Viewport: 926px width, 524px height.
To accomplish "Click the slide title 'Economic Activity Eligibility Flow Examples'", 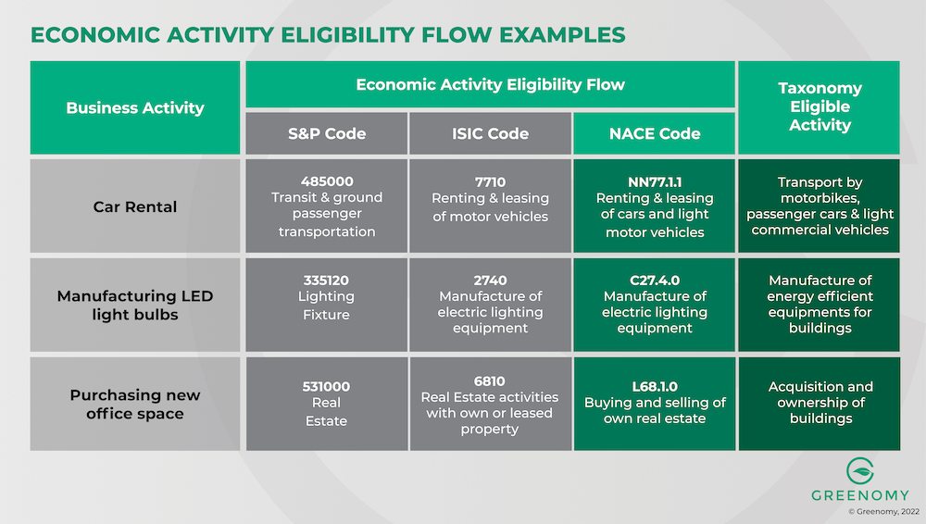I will (328, 35).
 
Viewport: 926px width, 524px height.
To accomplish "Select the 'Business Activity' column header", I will (135, 107).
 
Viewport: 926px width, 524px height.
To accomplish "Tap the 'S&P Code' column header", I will (327, 133).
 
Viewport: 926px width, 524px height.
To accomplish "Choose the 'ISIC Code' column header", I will (490, 133).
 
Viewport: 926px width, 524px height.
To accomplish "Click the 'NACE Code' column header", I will (655, 133).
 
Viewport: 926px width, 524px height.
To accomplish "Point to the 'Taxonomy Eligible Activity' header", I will (820, 106).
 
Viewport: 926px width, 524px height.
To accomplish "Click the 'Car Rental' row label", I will (135, 206).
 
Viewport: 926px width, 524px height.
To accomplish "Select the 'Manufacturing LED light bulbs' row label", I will (135, 305).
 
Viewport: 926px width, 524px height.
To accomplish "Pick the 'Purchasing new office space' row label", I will (135, 404).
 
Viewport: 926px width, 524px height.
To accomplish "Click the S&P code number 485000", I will (327, 181).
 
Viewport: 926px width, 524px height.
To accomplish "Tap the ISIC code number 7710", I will (490, 181).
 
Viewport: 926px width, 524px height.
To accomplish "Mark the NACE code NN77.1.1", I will (655, 181).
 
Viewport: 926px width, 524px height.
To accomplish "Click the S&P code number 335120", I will (327, 280).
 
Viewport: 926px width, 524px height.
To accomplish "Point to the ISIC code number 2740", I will (490, 280).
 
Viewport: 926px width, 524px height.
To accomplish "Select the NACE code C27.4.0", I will (655, 280).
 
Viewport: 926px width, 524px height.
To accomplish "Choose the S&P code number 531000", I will (327, 386).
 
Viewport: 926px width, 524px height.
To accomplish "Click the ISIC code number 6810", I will (490, 380).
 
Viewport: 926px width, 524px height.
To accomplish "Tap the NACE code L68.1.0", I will (655, 386).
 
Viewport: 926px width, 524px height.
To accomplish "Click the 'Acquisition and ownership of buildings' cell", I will (820, 403).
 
